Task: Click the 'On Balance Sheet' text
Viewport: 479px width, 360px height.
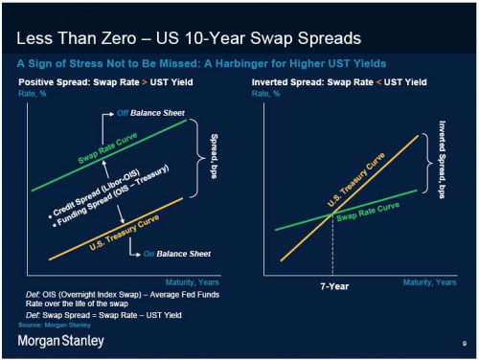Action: tap(174, 254)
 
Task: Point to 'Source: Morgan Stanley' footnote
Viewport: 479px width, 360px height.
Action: tap(49, 326)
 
